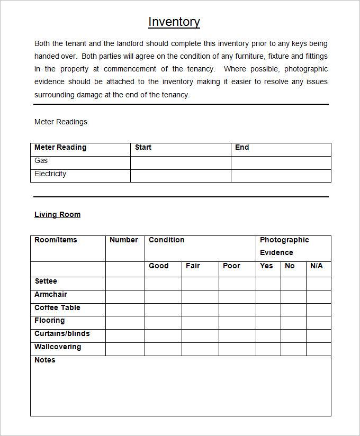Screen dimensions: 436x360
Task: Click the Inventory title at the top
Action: pyautogui.click(x=174, y=22)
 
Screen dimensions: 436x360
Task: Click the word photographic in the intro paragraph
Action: pyautogui.click(x=306, y=69)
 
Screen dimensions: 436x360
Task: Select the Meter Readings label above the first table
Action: pyautogui.click(x=61, y=122)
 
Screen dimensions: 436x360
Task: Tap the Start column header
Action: pyautogui.click(x=143, y=148)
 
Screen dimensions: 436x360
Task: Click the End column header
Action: pyautogui.click(x=242, y=148)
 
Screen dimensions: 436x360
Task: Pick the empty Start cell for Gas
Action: pyautogui.click(x=181, y=162)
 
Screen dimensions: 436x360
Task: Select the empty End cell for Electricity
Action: pyautogui.click(x=281, y=176)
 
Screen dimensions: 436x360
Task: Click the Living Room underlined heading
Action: pyautogui.click(x=57, y=215)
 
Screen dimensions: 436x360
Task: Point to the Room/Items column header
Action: pyautogui.click(x=56, y=240)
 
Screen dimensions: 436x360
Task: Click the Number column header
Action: pyautogui.click(x=124, y=240)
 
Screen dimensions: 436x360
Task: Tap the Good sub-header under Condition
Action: pyautogui.click(x=159, y=266)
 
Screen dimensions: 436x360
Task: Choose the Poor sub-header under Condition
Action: pyautogui.click(x=231, y=266)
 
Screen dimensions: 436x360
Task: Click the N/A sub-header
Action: pyautogui.click(x=317, y=266)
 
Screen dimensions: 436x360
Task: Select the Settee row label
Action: pyautogui.click(x=46, y=281)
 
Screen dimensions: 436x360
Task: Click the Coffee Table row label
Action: pyautogui.click(x=57, y=308)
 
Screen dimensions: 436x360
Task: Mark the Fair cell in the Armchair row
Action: pyautogui.click(x=200, y=296)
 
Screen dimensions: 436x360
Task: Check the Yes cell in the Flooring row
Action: pyautogui.click(x=268, y=323)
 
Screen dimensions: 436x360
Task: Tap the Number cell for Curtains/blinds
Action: pyautogui.click(x=125, y=336)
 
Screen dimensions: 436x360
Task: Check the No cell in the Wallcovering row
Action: pyautogui.click(x=293, y=349)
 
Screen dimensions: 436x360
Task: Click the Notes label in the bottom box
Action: pyautogui.click(x=45, y=360)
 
